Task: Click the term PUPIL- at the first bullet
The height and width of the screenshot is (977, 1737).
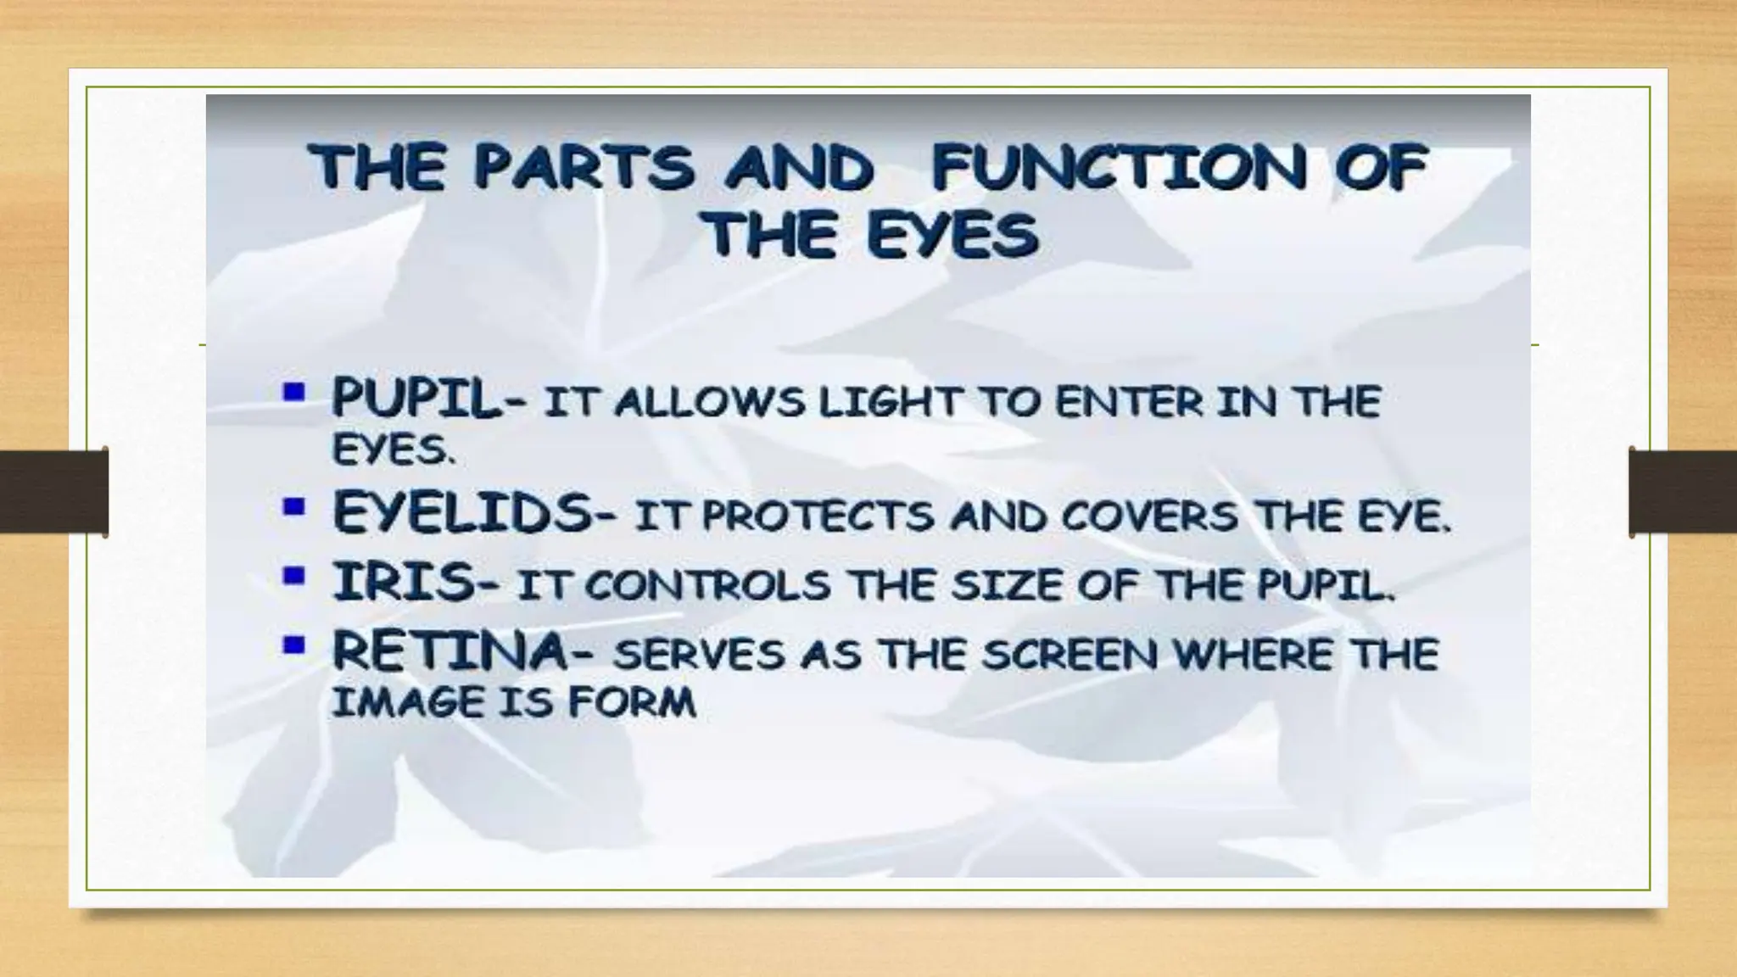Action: click(428, 399)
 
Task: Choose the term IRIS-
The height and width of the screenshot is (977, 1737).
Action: click(415, 583)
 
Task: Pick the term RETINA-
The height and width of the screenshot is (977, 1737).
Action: click(462, 653)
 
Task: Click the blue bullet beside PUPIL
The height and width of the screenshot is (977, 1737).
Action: click(294, 393)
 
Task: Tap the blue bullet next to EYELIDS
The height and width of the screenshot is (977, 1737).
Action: click(294, 508)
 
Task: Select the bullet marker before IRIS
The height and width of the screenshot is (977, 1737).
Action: click(294, 578)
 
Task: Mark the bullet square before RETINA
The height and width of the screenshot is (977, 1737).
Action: click(294, 646)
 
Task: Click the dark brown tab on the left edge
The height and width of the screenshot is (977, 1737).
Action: click(53, 492)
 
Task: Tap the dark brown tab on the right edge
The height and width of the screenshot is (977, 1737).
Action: click(1683, 492)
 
